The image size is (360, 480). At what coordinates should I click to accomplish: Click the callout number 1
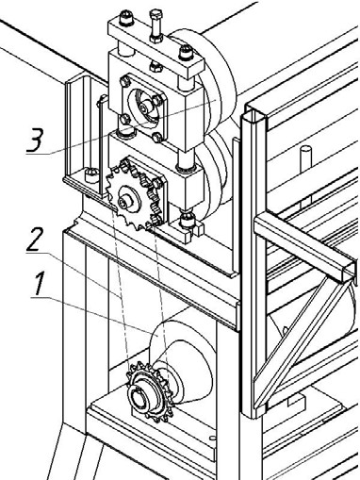coord(39,284)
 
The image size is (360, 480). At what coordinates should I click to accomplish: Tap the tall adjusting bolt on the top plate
coord(155,26)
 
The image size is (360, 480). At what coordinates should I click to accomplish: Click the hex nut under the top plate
coord(156,66)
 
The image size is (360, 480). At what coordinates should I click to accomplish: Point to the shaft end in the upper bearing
coord(144,108)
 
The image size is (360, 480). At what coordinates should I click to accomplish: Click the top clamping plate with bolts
coord(156,50)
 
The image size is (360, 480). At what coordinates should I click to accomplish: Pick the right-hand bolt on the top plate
coord(186,53)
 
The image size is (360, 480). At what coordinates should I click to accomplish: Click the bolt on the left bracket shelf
coord(91,174)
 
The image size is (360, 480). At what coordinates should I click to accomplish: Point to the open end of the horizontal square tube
coord(350,270)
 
